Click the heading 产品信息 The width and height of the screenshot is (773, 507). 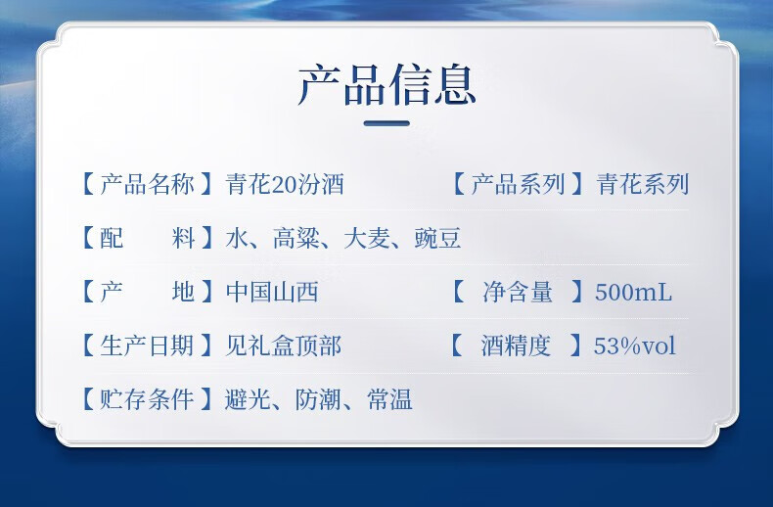(386, 85)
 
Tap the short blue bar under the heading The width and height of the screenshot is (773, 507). (386, 123)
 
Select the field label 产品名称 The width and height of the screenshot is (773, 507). (147, 184)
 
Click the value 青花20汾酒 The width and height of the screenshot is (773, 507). (285, 184)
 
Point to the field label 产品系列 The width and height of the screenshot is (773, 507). (518, 184)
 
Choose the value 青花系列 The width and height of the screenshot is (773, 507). (642, 184)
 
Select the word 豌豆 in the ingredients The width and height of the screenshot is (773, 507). (437, 238)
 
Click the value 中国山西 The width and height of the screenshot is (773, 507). (272, 292)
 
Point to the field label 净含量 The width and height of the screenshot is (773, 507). (518, 292)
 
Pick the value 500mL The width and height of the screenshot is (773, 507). (633, 292)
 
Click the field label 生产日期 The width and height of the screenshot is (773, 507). (147, 346)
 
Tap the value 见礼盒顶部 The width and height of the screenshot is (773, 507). (283, 346)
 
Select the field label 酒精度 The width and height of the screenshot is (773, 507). (516, 346)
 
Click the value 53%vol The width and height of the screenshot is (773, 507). (634, 346)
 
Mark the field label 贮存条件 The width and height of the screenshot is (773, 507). (147, 399)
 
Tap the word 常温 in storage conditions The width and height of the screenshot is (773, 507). (389, 399)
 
